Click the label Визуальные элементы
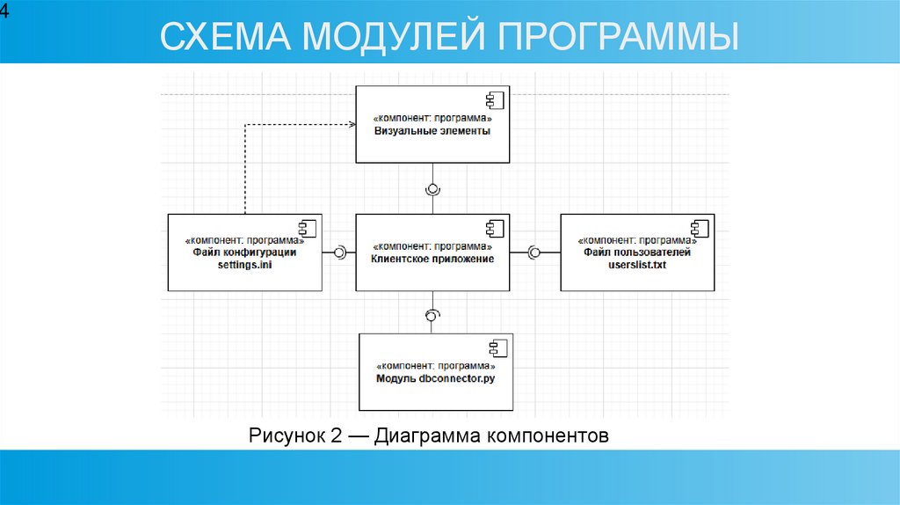pyautogui.click(x=432, y=130)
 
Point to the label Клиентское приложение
pyautogui.click(x=432, y=260)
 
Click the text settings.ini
pyautogui.click(x=244, y=265)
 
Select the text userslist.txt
pyautogui.click(x=637, y=265)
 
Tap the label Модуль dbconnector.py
pyautogui.click(x=435, y=378)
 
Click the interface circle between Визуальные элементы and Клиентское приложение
pyautogui.click(x=432, y=188)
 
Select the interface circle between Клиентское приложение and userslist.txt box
pyautogui.click(x=533, y=252)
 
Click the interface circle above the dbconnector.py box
pyautogui.click(x=432, y=314)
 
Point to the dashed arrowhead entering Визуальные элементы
pyautogui.click(x=351, y=125)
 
